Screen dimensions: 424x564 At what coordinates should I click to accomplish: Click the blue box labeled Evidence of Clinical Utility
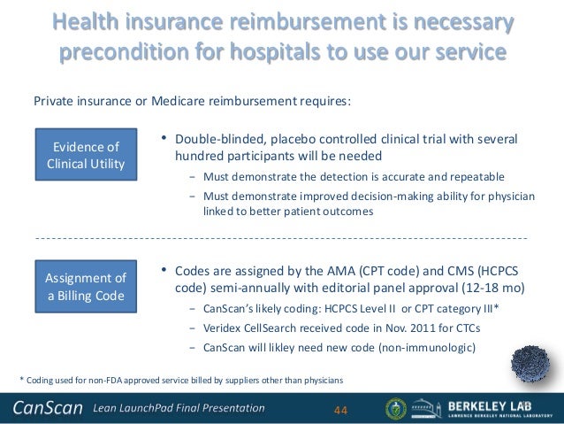point(86,155)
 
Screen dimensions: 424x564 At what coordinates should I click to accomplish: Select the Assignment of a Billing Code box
point(86,286)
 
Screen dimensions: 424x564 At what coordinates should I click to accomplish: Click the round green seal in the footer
point(398,408)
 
